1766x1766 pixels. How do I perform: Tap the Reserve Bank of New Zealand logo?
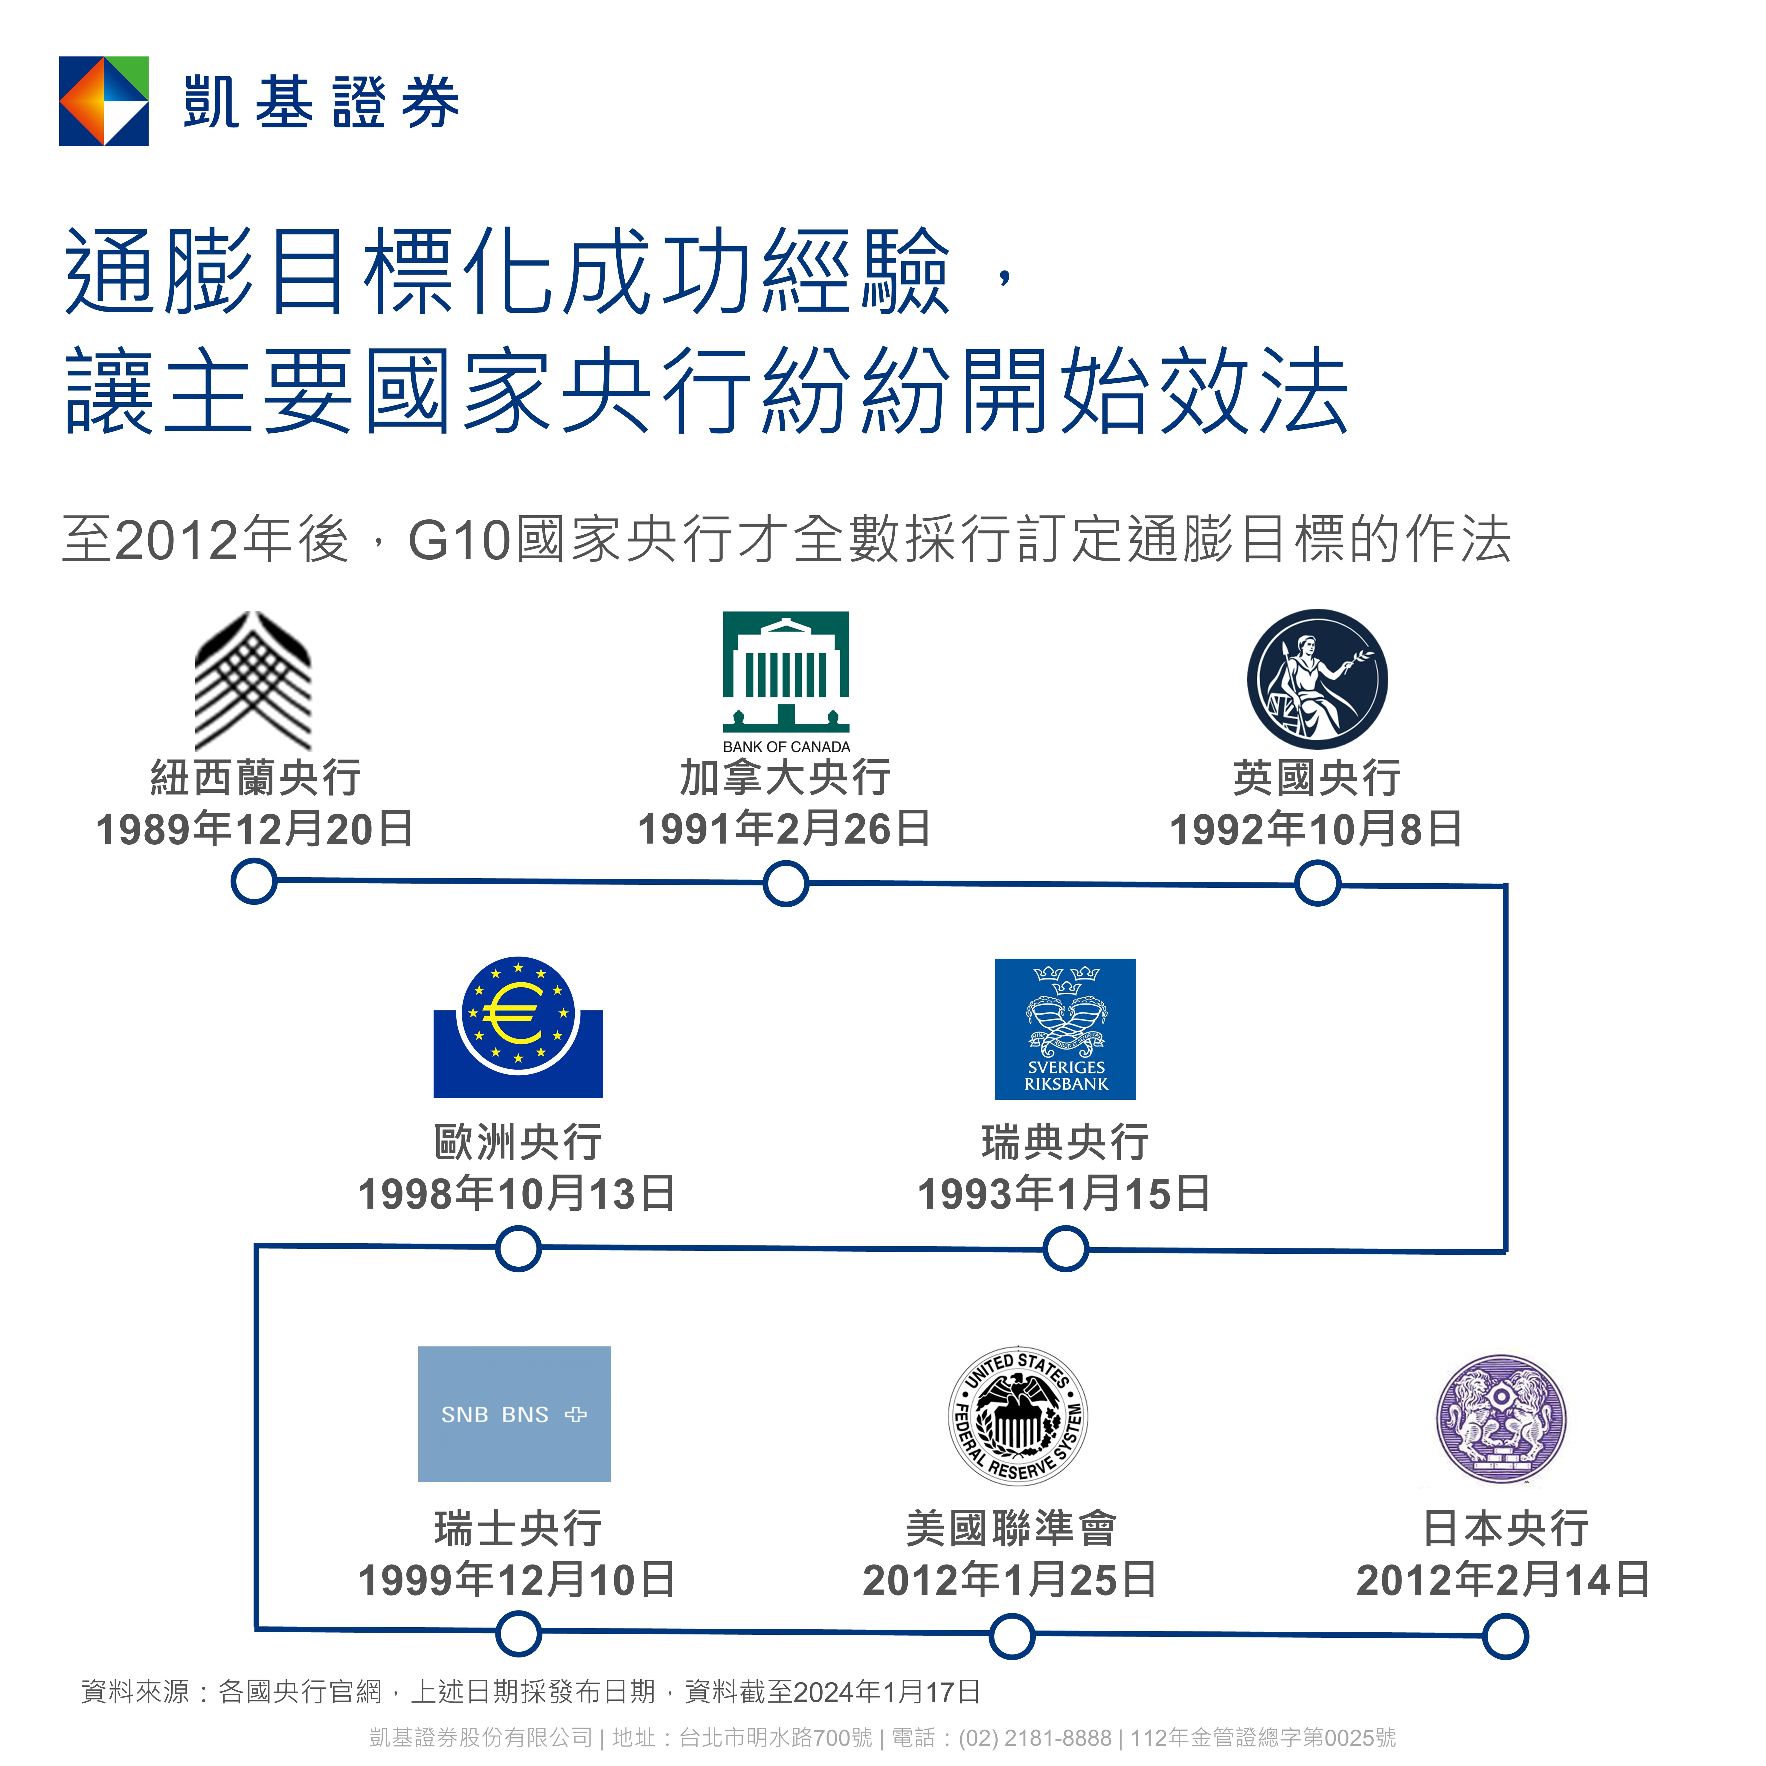pos(253,681)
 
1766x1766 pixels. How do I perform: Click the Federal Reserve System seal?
pos(1017,1416)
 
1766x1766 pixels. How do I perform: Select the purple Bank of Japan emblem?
pos(1501,1419)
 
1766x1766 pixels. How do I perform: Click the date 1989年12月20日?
pos(254,829)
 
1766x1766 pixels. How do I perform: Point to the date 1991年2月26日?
pos(784,829)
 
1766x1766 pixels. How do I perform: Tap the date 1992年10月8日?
pos(1316,829)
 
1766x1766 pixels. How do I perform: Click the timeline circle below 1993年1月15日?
pos(1066,1250)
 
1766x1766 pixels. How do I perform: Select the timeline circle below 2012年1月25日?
pos(1012,1636)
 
